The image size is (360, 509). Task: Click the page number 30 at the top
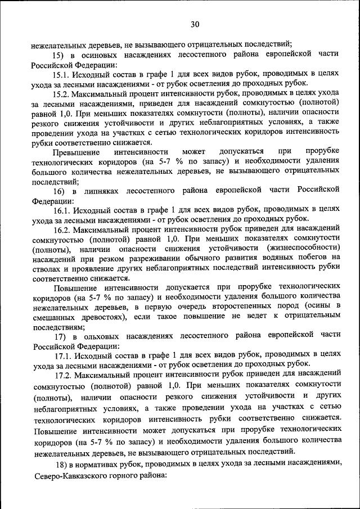point(195,24)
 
